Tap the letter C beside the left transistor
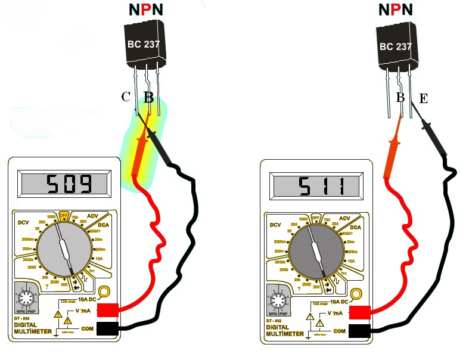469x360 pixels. pos(126,98)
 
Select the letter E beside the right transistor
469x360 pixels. pos(424,98)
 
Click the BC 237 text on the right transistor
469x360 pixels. pos(396,46)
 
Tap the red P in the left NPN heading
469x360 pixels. pos(146,10)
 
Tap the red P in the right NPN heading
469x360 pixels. pos(395,10)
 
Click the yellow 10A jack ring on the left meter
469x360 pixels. pos(104,291)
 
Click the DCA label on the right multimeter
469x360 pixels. pos(355,228)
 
